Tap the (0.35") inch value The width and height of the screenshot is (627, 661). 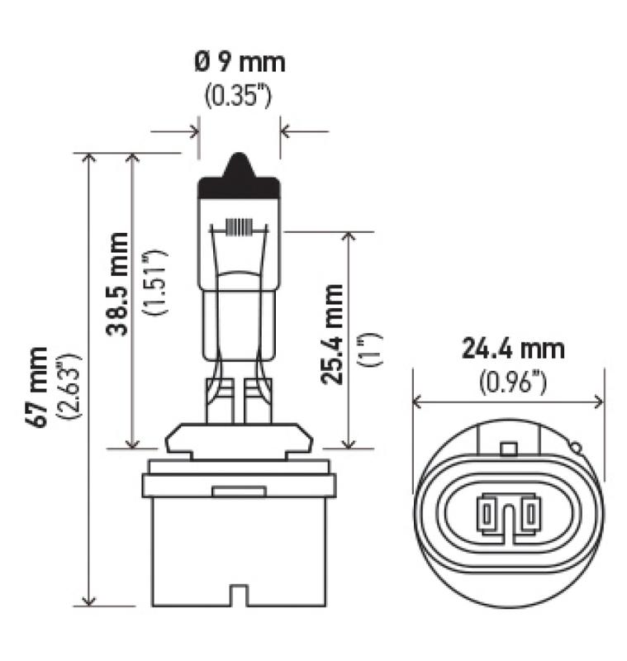click(x=238, y=94)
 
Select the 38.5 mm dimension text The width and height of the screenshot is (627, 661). click(x=117, y=283)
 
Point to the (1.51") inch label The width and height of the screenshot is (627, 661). click(x=154, y=283)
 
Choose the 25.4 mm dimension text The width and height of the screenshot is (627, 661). click(x=334, y=334)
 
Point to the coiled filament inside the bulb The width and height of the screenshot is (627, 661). click(x=239, y=227)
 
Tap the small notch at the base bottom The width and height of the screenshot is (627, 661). click(x=239, y=596)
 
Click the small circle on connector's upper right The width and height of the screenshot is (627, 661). click(x=575, y=449)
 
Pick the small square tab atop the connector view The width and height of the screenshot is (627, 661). click(x=509, y=449)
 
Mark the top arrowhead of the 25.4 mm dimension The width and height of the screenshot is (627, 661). click(x=349, y=237)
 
